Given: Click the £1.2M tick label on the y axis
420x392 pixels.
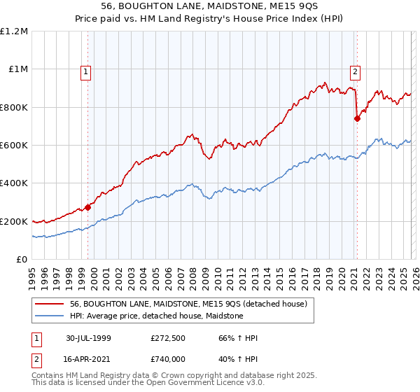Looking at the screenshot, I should [14, 31].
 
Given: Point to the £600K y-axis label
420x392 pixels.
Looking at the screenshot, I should [14, 145].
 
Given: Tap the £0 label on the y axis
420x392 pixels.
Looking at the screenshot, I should [22, 259].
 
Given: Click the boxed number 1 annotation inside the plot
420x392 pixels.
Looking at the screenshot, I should [85, 71].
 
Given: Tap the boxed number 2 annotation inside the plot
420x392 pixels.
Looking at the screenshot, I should [356, 71].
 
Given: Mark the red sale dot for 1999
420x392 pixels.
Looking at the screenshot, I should [88, 207].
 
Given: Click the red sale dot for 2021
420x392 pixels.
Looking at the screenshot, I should [357, 118].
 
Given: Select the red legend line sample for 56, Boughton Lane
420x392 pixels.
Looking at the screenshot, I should [50, 304].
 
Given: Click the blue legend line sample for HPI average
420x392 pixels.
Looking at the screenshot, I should [50, 316].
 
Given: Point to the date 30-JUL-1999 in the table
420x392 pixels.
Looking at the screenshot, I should [89, 338].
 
